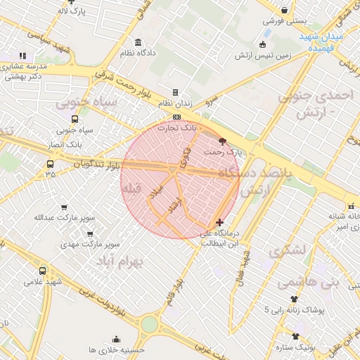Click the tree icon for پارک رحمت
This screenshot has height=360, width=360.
[223, 141]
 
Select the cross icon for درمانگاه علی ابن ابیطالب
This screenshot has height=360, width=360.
[220, 222]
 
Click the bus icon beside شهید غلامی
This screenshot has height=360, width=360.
[43, 271]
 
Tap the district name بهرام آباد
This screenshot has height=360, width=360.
[119, 261]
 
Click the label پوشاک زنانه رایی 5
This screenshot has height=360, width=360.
[295, 310]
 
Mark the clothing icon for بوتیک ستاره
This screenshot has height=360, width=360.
[295, 337]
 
